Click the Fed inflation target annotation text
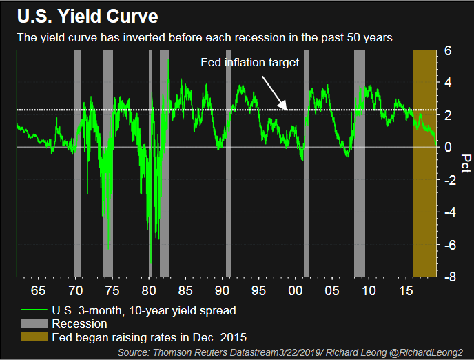pos(249,62)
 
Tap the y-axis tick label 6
pos(448,51)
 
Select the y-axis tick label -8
pos(448,277)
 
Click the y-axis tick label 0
pos(448,148)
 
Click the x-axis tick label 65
pos(37,288)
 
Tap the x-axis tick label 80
pos(150,288)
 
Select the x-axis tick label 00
pos(296,288)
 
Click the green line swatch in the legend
pos(31,310)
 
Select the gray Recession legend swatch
pos(31,323)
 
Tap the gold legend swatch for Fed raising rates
pos(31,337)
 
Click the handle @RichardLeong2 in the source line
pos(428,352)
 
